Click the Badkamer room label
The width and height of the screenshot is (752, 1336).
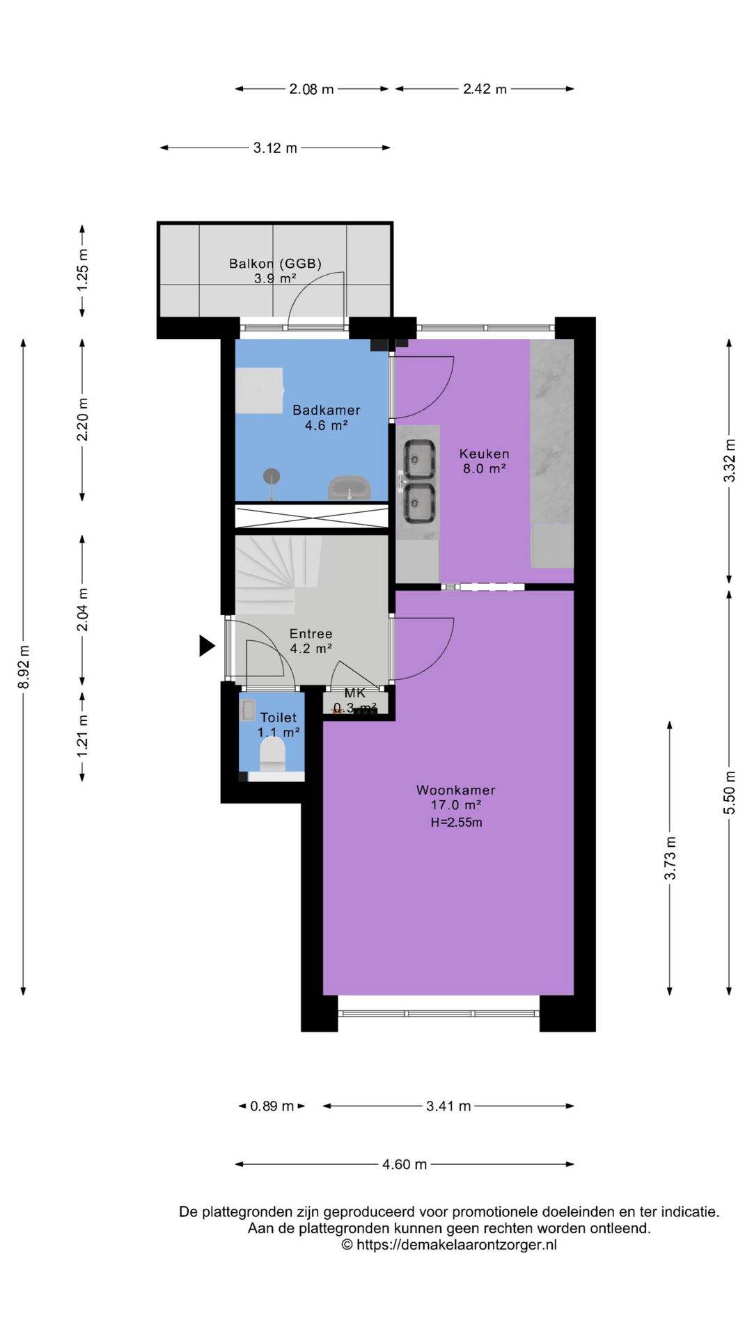click(327, 411)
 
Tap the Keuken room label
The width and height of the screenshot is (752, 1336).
click(485, 454)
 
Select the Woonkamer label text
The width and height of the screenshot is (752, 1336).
click(456, 790)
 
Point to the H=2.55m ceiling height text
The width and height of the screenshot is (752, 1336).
click(456, 822)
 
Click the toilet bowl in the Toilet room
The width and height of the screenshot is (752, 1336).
click(273, 754)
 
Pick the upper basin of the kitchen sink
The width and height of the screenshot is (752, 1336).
click(420, 459)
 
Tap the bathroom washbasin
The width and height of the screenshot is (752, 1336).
click(349, 488)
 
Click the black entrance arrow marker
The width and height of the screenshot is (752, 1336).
click(207, 646)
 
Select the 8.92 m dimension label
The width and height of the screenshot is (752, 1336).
click(24, 667)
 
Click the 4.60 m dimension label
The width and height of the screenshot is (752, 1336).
click(405, 1164)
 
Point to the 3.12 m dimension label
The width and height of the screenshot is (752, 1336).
click(275, 148)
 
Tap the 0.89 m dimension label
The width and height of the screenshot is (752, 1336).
click(272, 1106)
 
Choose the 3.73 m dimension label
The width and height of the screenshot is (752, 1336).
click(670, 858)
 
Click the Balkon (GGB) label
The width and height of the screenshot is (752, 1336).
click(275, 264)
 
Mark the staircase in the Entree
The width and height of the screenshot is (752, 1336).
click(278, 574)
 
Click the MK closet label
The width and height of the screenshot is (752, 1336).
click(355, 693)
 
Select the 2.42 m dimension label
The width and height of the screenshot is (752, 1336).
click(485, 89)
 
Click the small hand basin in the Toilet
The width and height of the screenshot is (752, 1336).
click(248, 710)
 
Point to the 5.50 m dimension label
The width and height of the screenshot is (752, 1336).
click(729, 793)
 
